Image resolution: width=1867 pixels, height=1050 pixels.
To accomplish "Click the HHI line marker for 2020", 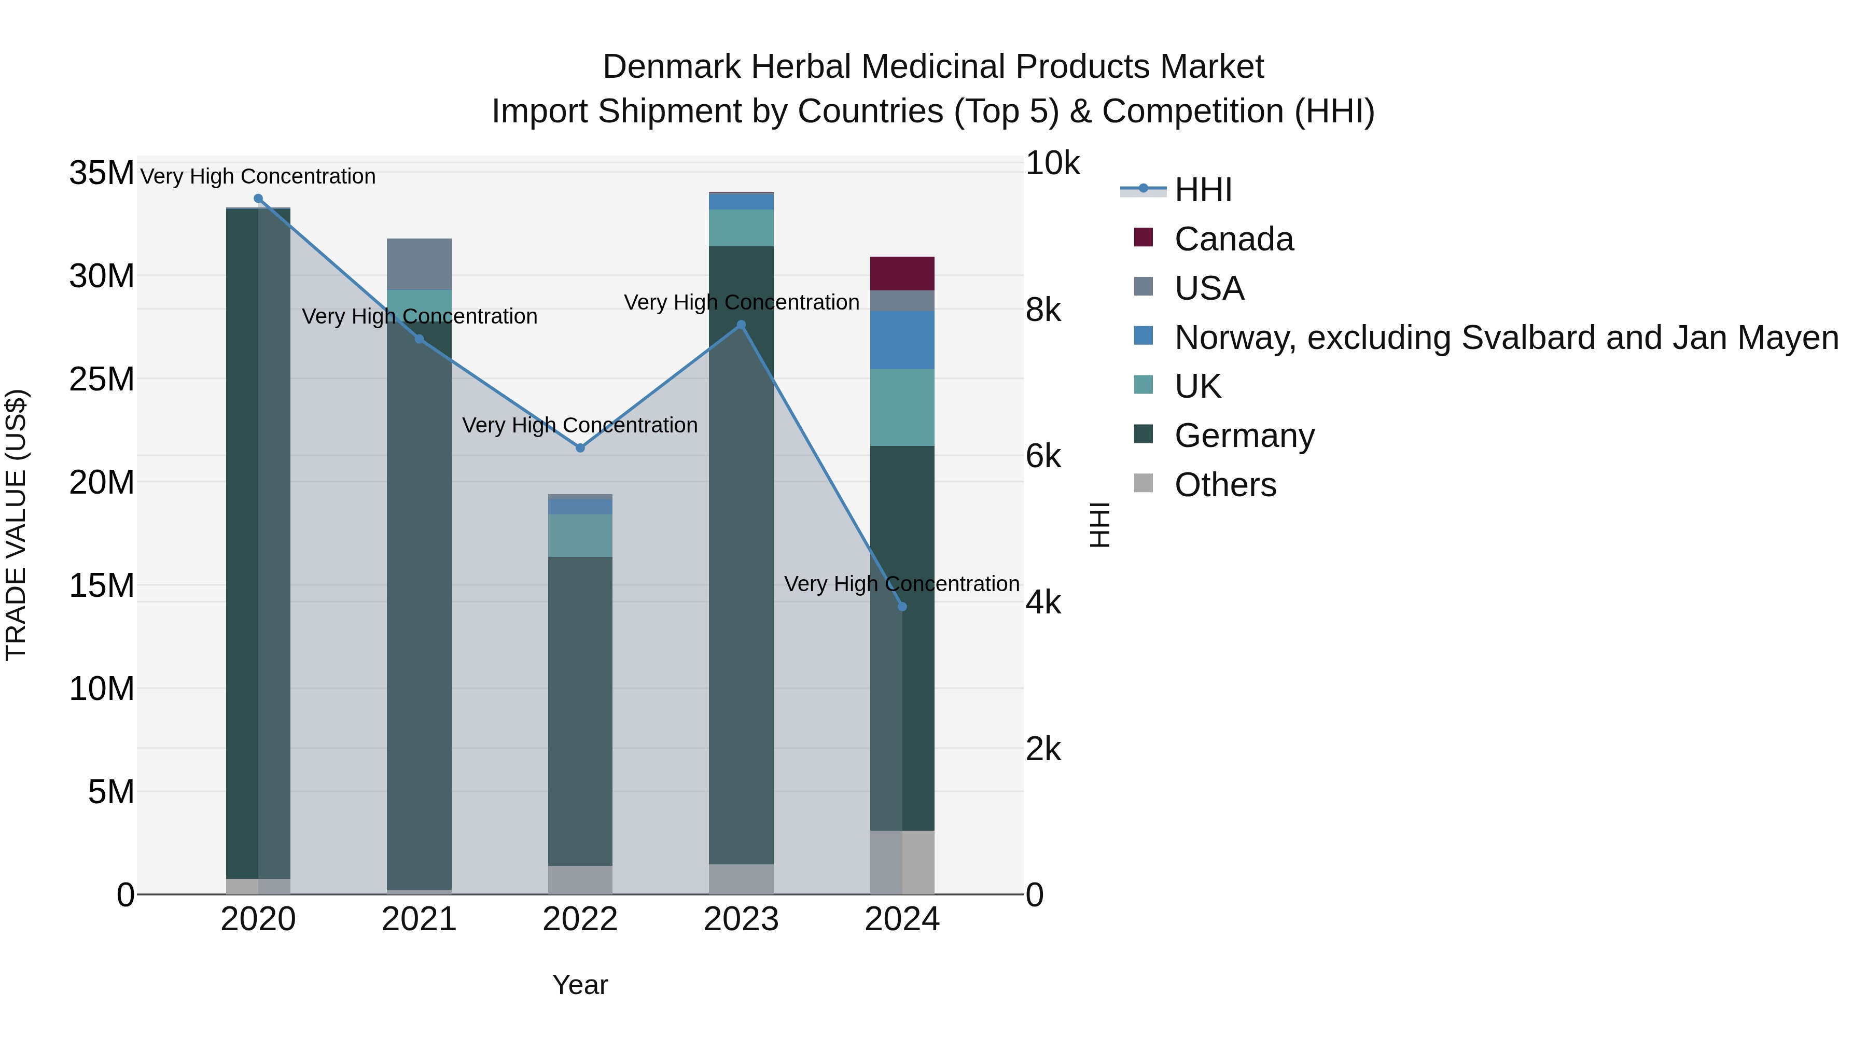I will pos(258,199).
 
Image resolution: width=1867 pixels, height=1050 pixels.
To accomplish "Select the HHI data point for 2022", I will pos(580,448).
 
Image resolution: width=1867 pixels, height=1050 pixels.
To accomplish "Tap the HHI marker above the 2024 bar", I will pos(902,607).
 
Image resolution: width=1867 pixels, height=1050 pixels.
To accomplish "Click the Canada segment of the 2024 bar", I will pos(902,273).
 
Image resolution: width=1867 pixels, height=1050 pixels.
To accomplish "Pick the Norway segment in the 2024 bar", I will pos(902,340).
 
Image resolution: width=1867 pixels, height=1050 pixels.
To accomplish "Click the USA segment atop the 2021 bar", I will pos(419,264).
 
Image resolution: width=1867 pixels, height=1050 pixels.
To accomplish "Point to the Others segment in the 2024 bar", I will pos(902,862).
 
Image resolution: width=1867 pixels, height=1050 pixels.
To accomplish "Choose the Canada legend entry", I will pos(1234,239).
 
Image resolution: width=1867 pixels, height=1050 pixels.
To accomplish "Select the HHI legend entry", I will pos(1203,190).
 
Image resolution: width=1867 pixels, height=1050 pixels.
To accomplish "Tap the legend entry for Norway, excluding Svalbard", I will pos(1506,338).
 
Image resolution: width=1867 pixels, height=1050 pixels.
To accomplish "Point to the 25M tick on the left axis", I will pos(102,379).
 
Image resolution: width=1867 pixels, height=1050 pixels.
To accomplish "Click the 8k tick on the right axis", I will pos(1043,310).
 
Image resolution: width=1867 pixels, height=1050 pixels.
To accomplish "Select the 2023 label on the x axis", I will pos(741,919).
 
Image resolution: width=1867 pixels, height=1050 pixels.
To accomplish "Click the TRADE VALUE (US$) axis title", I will pos(16,525).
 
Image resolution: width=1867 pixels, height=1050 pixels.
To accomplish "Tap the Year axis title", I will pos(580,985).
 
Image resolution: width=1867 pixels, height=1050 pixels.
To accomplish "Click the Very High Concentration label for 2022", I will pos(580,425).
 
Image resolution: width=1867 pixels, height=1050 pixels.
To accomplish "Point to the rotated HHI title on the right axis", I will pos(1099,525).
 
